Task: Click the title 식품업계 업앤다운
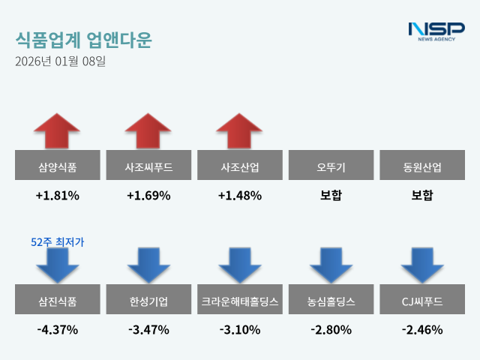point(83,40)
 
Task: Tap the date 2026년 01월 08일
point(60,61)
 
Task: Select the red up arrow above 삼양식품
point(57,131)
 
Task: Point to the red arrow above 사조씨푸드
point(148,131)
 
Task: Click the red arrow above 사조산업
point(240,131)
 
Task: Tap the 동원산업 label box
point(422,166)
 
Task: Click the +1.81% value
point(57,196)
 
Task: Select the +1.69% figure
point(148,196)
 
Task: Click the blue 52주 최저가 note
point(58,241)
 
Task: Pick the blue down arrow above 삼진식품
point(57,265)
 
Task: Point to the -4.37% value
point(57,329)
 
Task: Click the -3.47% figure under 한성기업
point(148,329)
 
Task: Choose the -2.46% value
point(422,329)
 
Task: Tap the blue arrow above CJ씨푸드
point(422,265)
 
